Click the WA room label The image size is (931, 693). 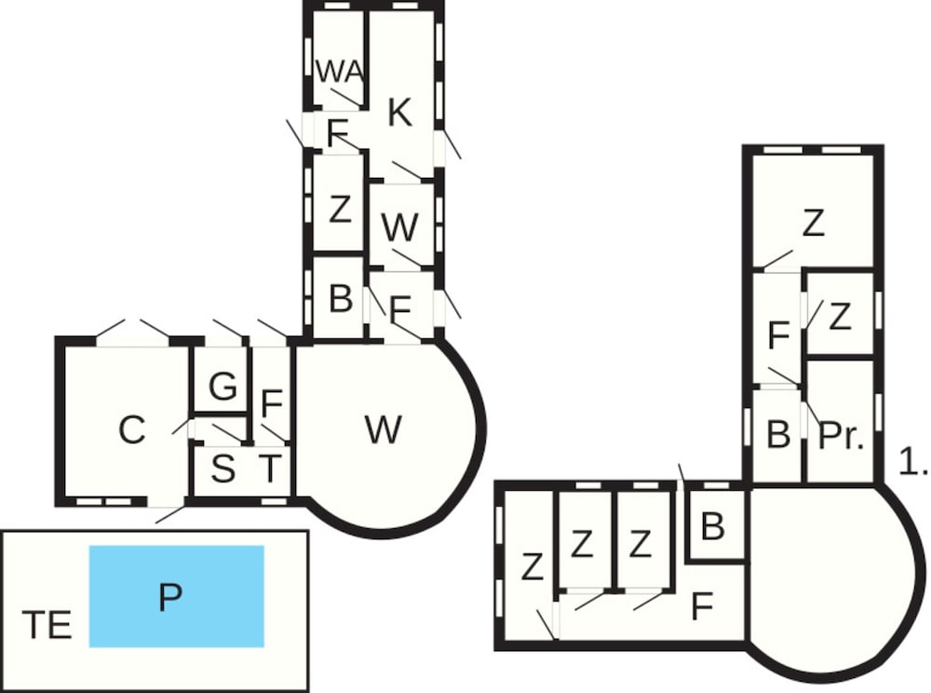coord(338,71)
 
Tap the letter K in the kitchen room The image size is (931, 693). coord(398,113)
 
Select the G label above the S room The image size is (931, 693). coord(223,387)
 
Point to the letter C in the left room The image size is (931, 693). coord(132,430)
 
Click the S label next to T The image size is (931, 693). coord(223,470)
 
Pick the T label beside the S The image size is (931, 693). coord(269,469)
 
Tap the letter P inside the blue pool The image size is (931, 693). coord(169,596)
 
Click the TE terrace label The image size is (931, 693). coord(47,625)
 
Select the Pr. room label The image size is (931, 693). coord(841,436)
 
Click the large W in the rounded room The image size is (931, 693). coord(383,429)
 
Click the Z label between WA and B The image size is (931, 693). coord(340,210)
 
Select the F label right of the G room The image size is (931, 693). coord(272,404)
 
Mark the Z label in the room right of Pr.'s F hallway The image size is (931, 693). coord(840,318)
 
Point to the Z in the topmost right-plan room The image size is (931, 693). coord(813,224)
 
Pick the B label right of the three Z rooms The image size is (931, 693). coord(712,526)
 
